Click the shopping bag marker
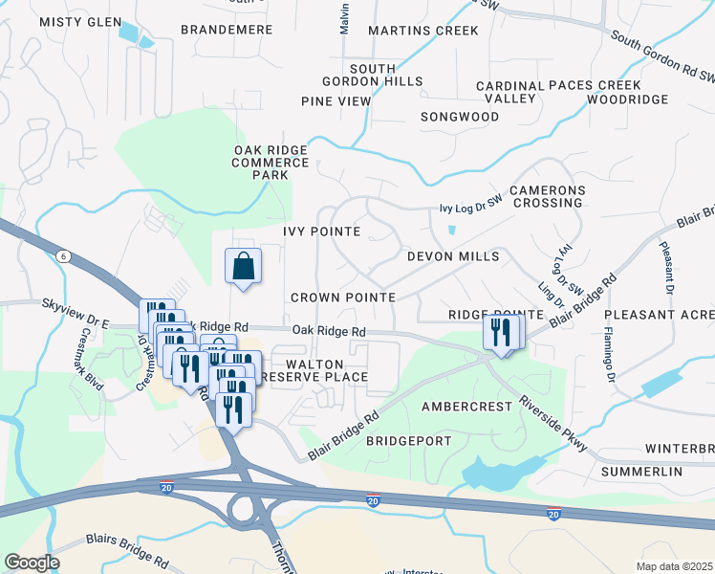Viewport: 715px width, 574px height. (243, 267)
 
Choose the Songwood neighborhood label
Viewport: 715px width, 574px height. (460, 117)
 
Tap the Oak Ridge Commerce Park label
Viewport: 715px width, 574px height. (271, 163)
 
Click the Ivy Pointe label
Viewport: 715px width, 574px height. (321, 232)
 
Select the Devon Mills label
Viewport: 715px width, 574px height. (453, 256)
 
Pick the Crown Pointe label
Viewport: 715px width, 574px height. (343, 298)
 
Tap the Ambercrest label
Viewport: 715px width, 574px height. (467, 407)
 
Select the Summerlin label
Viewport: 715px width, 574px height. (641, 473)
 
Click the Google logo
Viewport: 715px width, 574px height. (31, 563)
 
